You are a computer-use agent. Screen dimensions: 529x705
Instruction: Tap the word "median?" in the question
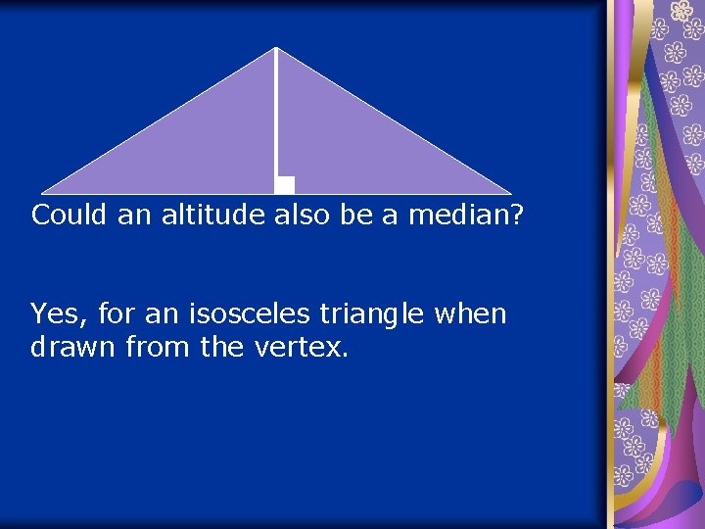[466, 216]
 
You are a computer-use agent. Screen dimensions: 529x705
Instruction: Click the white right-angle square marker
[285, 185]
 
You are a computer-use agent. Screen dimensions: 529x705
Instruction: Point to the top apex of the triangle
[276, 48]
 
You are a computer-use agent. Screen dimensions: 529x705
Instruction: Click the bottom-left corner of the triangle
[43, 193]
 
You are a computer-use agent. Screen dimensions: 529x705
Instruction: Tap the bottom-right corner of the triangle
[510, 193]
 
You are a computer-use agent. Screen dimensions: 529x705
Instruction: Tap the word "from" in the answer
[161, 347]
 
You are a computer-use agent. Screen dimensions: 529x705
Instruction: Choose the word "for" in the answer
[119, 315]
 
